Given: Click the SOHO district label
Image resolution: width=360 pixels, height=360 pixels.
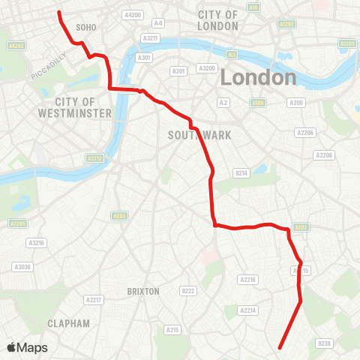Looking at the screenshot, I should coord(86,27).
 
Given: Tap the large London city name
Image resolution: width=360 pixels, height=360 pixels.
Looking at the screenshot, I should coord(259,77).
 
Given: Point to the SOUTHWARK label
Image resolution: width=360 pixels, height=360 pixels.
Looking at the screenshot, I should coord(199,135).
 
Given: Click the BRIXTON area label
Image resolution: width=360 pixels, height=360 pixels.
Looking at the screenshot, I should coord(143,291).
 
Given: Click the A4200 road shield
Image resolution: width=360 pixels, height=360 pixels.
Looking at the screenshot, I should coord(133,15).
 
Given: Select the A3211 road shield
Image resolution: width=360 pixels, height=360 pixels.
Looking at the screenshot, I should coord(151,37).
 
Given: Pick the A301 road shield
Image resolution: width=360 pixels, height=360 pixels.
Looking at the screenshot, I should coord(145,57).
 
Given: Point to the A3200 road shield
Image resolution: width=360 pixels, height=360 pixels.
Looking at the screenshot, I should coord(207,68).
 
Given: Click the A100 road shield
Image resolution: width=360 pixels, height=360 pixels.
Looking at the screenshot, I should coord(258,101).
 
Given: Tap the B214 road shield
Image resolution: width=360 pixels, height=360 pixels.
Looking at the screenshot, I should coord(241,172).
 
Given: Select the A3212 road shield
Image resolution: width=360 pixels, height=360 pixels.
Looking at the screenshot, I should coord(94,158).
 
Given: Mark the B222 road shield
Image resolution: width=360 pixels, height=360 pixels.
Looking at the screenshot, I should coord(187,290).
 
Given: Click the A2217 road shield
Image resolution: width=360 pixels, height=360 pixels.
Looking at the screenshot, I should coord(93,300).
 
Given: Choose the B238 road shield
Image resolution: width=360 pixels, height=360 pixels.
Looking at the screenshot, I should coord(324,343).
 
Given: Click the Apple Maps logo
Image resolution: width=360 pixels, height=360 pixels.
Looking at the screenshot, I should coord(27,347).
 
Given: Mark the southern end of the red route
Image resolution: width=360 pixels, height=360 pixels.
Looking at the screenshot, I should coord(280,348).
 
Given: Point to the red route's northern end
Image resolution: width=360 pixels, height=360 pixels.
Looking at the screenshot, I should coord(59,12).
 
